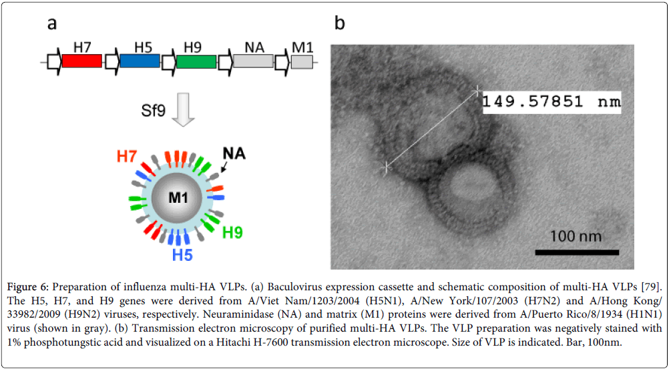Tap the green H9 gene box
(x=196, y=61)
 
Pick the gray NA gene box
(x=253, y=61)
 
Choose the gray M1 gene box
(x=302, y=61)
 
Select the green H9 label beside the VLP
(x=233, y=232)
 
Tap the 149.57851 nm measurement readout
(x=551, y=102)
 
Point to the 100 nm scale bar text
(x=576, y=236)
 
